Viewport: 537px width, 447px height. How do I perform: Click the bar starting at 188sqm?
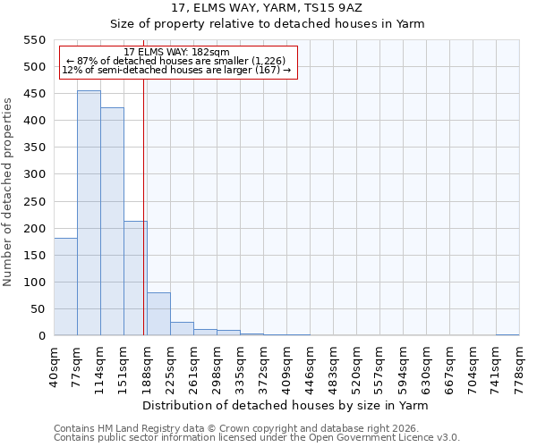coord(158,314)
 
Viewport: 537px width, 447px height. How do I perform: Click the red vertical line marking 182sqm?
coord(144,206)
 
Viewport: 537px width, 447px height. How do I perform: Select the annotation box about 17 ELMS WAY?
coord(176,62)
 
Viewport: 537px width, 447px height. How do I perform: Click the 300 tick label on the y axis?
coord(33,174)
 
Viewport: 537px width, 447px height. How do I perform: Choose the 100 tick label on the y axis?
coord(33,283)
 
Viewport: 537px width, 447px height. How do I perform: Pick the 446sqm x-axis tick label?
coord(311,367)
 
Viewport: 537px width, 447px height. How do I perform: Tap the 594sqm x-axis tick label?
coord(404,367)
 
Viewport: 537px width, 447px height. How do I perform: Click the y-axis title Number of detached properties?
coord(8,192)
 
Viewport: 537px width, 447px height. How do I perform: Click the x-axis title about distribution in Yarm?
coord(286,405)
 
